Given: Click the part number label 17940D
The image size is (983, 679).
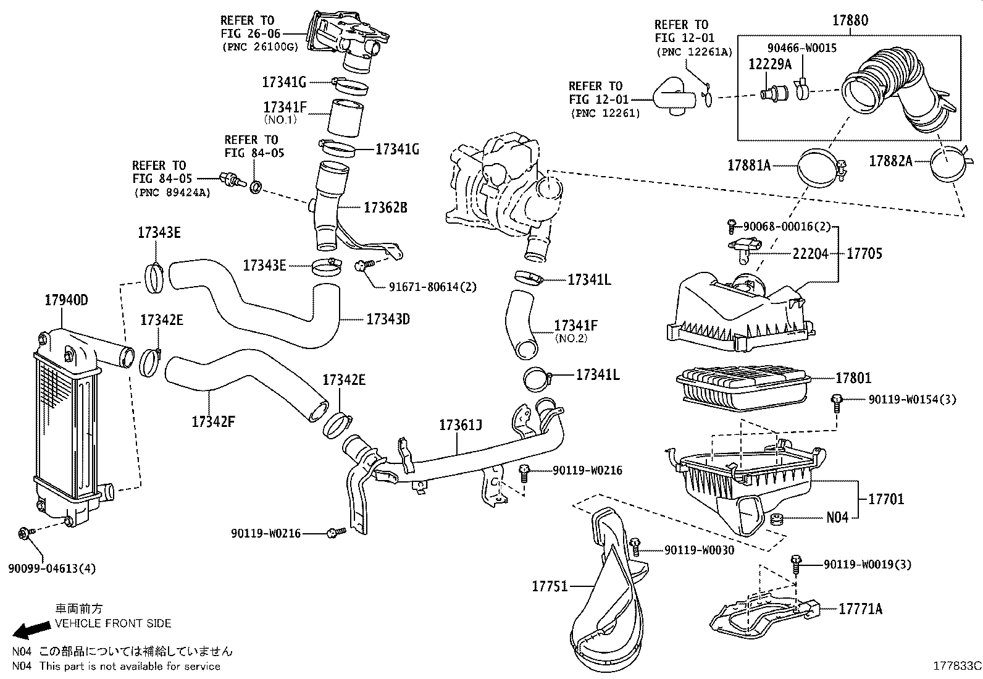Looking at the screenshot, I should [66, 300].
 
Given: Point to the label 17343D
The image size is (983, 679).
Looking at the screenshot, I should [388, 319].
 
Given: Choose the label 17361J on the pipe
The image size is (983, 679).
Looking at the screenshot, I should [461, 425].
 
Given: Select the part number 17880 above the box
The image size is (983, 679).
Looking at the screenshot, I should [850, 20].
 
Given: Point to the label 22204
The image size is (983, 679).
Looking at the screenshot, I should [811, 254].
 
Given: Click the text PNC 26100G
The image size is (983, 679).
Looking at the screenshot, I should [259, 47].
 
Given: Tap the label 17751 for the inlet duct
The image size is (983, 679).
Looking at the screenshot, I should [550, 586].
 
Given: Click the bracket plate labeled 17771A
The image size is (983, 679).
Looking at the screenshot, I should [759, 615].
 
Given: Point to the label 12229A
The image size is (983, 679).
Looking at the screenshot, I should [769, 64].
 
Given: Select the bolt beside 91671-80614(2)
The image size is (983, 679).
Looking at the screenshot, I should [363, 266].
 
